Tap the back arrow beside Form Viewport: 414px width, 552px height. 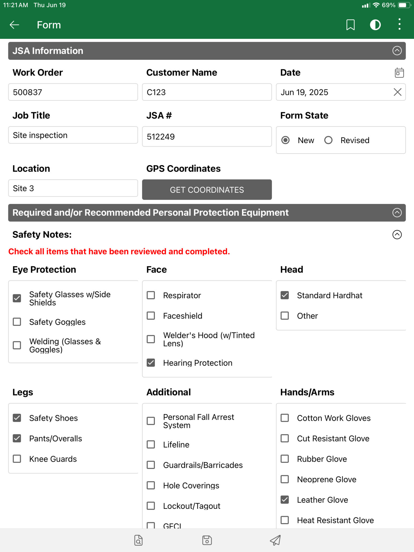(x=14, y=25)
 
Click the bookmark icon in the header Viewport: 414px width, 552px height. (x=350, y=25)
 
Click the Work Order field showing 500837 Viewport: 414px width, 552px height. (x=73, y=92)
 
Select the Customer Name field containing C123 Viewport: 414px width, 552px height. (x=207, y=92)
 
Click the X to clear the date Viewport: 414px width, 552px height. (x=397, y=92)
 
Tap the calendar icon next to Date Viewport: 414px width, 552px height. (x=399, y=73)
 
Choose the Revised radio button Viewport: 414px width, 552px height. (x=328, y=140)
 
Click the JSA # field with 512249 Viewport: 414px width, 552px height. (x=207, y=137)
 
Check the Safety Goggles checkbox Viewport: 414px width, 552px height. (x=17, y=322)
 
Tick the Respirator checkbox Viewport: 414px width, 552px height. (x=151, y=295)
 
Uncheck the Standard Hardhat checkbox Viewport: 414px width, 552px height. (x=285, y=295)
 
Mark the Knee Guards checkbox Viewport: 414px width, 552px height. (x=17, y=459)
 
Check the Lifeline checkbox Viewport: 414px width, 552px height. (x=151, y=445)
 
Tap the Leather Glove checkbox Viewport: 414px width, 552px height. (x=285, y=500)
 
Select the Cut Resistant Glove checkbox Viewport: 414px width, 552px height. (x=285, y=438)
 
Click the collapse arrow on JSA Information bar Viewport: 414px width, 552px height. (x=397, y=51)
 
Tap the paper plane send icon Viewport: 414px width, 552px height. (x=275, y=540)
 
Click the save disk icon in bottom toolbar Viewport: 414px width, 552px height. (x=207, y=540)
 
